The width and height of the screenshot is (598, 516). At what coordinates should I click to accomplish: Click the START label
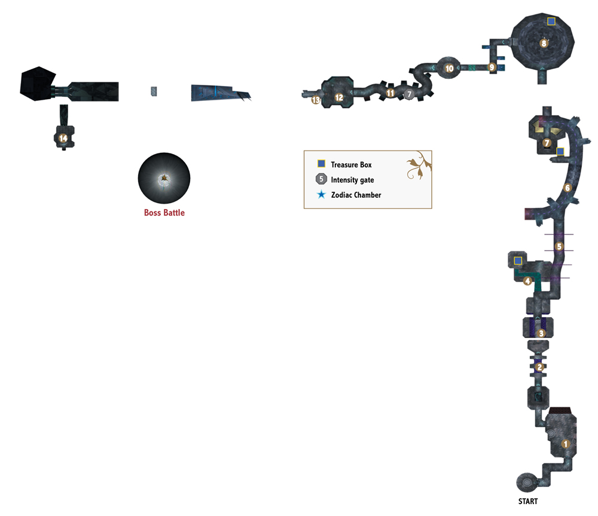click(528, 501)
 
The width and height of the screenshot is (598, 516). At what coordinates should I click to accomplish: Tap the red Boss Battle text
click(164, 213)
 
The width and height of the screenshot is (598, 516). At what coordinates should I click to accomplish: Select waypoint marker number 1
click(566, 444)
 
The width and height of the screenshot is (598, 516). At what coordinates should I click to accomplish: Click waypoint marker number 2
click(539, 367)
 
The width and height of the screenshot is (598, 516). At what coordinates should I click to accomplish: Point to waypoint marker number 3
click(541, 334)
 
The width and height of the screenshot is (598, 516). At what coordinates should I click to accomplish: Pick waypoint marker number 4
click(527, 281)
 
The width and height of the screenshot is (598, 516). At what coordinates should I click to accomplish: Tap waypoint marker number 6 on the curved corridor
click(568, 188)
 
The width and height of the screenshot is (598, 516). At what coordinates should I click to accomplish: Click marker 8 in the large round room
click(544, 43)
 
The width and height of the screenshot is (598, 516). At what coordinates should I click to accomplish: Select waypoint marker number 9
click(492, 67)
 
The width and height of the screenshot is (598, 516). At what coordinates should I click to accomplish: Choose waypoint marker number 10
click(449, 68)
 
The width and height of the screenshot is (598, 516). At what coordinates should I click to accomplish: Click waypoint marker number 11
click(390, 93)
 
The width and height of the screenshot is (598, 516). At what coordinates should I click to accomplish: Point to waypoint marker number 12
click(338, 97)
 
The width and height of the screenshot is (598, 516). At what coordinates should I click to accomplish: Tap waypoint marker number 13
click(316, 100)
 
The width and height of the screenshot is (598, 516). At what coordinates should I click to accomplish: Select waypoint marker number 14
click(63, 138)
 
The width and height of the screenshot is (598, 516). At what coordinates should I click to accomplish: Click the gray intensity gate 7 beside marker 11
click(409, 94)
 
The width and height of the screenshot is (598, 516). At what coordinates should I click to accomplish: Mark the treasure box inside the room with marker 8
click(551, 21)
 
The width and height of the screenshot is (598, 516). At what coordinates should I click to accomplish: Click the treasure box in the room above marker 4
click(518, 261)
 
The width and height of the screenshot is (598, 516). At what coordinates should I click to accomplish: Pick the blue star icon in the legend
click(322, 195)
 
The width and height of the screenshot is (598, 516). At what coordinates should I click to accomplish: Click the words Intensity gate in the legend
click(352, 180)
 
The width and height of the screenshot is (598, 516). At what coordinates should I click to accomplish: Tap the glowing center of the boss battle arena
click(164, 178)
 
